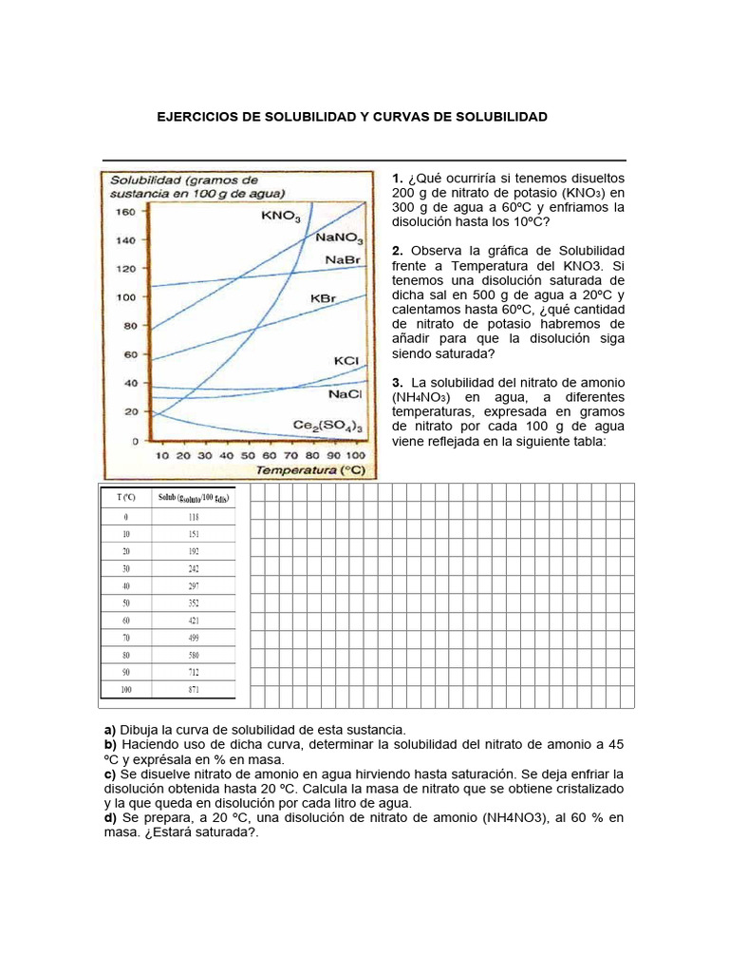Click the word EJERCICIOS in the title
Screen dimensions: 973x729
click(198, 117)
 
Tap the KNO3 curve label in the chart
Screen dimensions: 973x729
click(281, 217)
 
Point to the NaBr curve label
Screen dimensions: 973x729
click(341, 259)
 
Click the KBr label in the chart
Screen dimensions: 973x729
click(324, 297)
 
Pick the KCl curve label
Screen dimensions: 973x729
click(346, 361)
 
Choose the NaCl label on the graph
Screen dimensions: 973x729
click(343, 392)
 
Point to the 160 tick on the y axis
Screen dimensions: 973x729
click(125, 212)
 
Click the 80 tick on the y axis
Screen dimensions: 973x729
click(129, 326)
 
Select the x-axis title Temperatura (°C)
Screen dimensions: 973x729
click(310, 469)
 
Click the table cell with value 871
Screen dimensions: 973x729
click(194, 688)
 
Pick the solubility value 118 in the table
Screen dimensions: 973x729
click(194, 517)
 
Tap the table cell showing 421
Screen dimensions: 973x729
click(194, 620)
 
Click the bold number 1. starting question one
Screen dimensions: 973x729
click(398, 178)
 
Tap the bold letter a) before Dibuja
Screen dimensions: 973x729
click(109, 728)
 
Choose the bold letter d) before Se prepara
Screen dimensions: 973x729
click(110, 817)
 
